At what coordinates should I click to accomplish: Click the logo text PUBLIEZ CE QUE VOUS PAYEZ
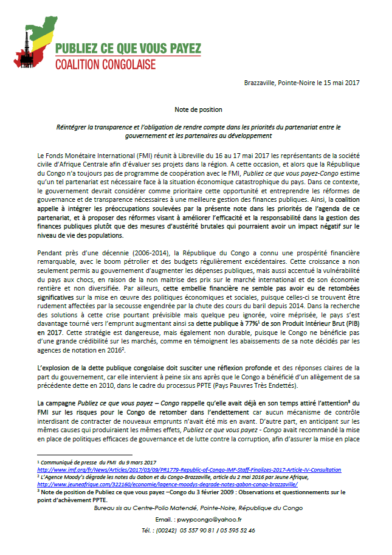tap(128, 49)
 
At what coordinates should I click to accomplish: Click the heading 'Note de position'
tap(190, 109)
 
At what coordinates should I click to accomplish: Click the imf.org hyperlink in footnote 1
tap(189, 470)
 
